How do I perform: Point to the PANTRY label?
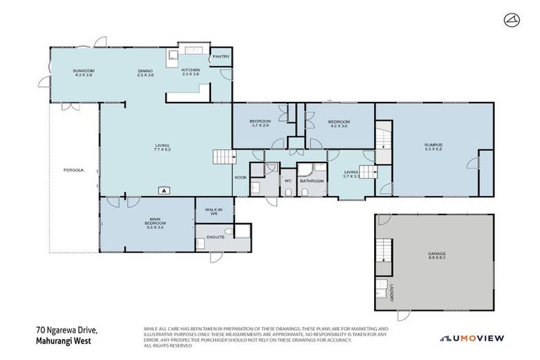coord(221,56)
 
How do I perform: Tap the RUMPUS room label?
coord(433,146)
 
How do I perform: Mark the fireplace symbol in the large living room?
coord(164,189)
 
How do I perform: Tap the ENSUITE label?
coord(216,237)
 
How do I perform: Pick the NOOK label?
coord(240,177)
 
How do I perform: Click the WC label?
coord(287,181)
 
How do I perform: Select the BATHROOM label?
coord(311,181)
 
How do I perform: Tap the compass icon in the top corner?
coord(511,21)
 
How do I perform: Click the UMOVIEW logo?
coord(472,338)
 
